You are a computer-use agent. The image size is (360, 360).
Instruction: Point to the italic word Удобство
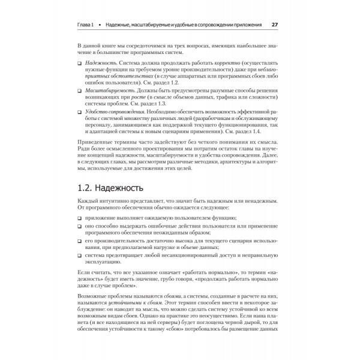coord(98,112)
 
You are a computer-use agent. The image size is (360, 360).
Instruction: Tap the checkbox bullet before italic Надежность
coord(80,63)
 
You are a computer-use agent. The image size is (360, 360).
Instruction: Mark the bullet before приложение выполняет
coord(80,217)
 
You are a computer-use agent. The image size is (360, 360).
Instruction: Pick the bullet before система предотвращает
coord(80,255)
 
